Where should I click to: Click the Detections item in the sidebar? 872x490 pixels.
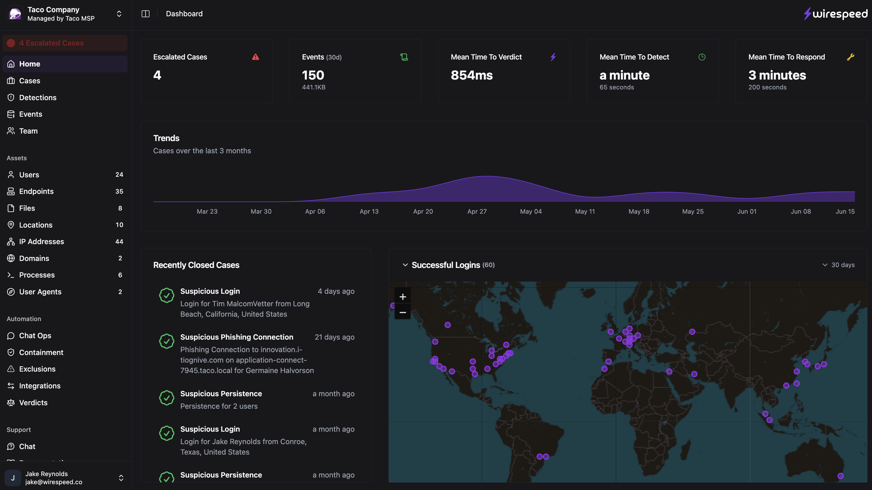37,98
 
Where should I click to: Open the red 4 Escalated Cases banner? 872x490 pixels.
65,43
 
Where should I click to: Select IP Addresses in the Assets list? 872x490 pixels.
41,242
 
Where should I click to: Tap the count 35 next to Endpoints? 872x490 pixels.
119,191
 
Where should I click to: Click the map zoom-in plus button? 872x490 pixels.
403,297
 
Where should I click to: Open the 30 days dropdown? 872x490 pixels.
839,265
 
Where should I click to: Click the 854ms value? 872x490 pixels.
471,75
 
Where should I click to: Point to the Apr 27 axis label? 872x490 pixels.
477,211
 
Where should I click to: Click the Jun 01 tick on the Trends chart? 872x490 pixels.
747,211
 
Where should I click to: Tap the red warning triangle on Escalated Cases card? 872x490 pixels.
255,57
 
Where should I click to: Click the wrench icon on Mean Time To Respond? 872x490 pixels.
850,57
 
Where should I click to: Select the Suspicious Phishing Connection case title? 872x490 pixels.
237,337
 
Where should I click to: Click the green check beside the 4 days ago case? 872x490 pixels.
167,295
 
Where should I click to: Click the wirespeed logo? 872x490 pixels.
835,14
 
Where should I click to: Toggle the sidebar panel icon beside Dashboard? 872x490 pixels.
145,14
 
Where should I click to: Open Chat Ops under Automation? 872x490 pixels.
35,336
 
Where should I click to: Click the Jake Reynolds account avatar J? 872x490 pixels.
13,478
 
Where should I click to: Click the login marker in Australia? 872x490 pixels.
840,476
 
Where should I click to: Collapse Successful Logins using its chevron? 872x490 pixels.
405,265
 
